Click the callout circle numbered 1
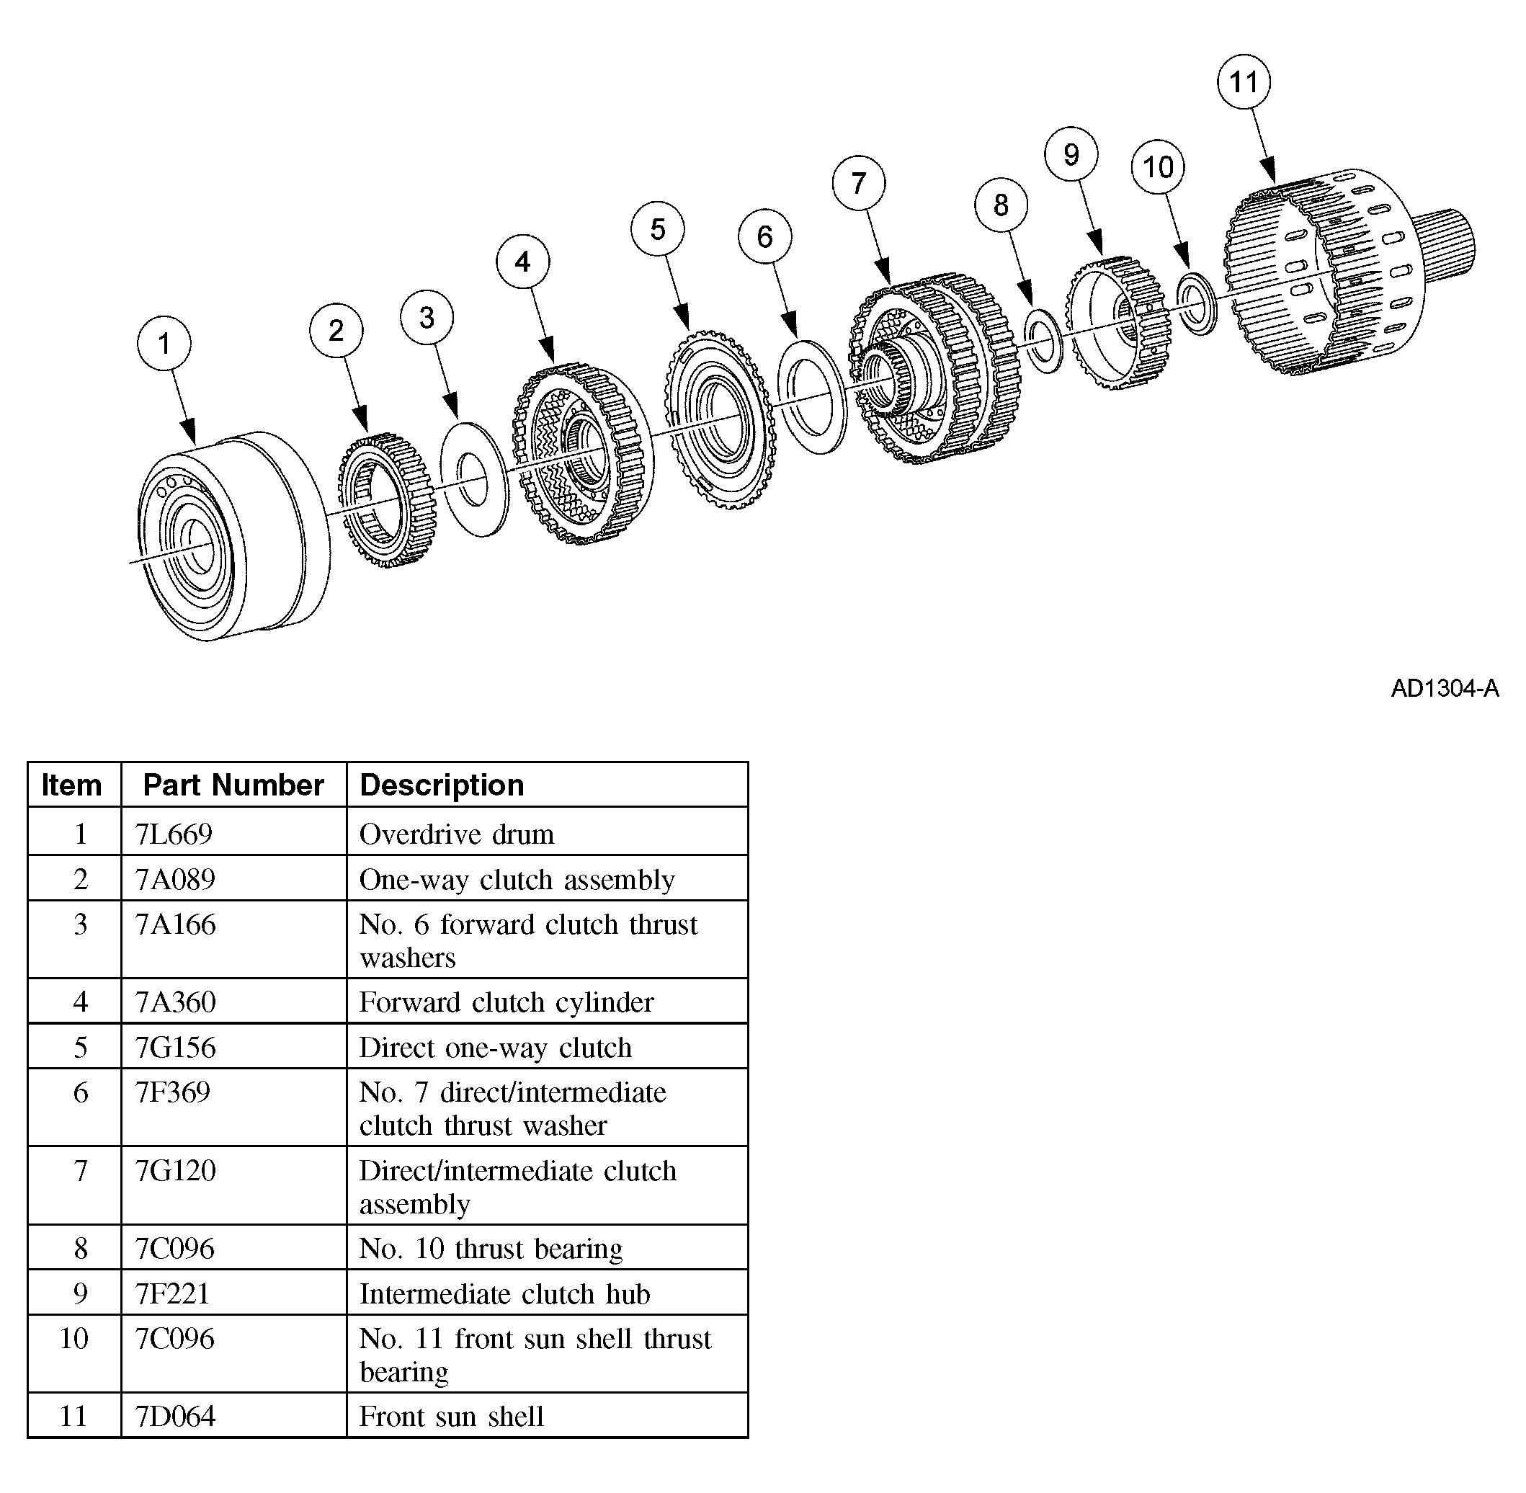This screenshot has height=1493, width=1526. pos(163,344)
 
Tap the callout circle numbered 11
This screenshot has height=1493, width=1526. pos(1244,81)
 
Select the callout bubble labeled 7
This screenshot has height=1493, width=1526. pos(859,183)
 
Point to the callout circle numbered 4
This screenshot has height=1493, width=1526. pos(522,261)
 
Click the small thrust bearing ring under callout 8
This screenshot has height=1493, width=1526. pos(1044,341)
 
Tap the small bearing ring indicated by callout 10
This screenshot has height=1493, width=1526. pos(1197,303)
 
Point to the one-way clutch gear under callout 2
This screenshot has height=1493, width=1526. pos(384,499)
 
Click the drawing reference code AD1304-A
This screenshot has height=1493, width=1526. pos(1445,687)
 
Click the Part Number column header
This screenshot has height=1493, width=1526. pos(233,785)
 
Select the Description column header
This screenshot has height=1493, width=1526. pos(442,785)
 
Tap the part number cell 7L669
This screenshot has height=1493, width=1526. pos(174,834)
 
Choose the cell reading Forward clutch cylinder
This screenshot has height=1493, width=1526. pos(506,1002)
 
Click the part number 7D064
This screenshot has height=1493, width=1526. pos(175,1416)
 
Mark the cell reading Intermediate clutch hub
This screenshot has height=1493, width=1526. pos(504,1294)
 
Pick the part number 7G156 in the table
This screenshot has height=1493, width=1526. pos(175,1048)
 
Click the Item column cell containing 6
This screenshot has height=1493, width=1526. pos(80,1092)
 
